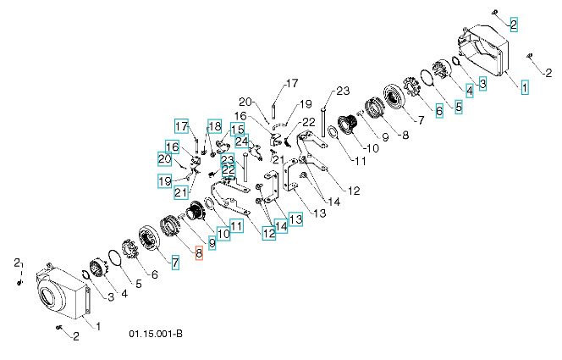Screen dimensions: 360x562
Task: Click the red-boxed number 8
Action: (x=200, y=253)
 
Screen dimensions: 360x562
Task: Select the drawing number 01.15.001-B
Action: (x=156, y=334)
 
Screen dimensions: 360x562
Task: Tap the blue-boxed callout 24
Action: (x=241, y=141)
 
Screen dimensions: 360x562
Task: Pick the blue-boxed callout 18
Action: (x=213, y=127)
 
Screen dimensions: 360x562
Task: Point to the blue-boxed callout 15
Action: (x=237, y=129)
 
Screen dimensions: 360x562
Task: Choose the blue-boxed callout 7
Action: (x=175, y=263)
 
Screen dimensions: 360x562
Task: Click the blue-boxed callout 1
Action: (x=524, y=86)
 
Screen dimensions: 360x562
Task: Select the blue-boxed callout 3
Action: (x=482, y=83)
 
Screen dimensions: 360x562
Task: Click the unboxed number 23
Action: (x=343, y=91)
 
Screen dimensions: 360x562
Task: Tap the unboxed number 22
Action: (x=308, y=122)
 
